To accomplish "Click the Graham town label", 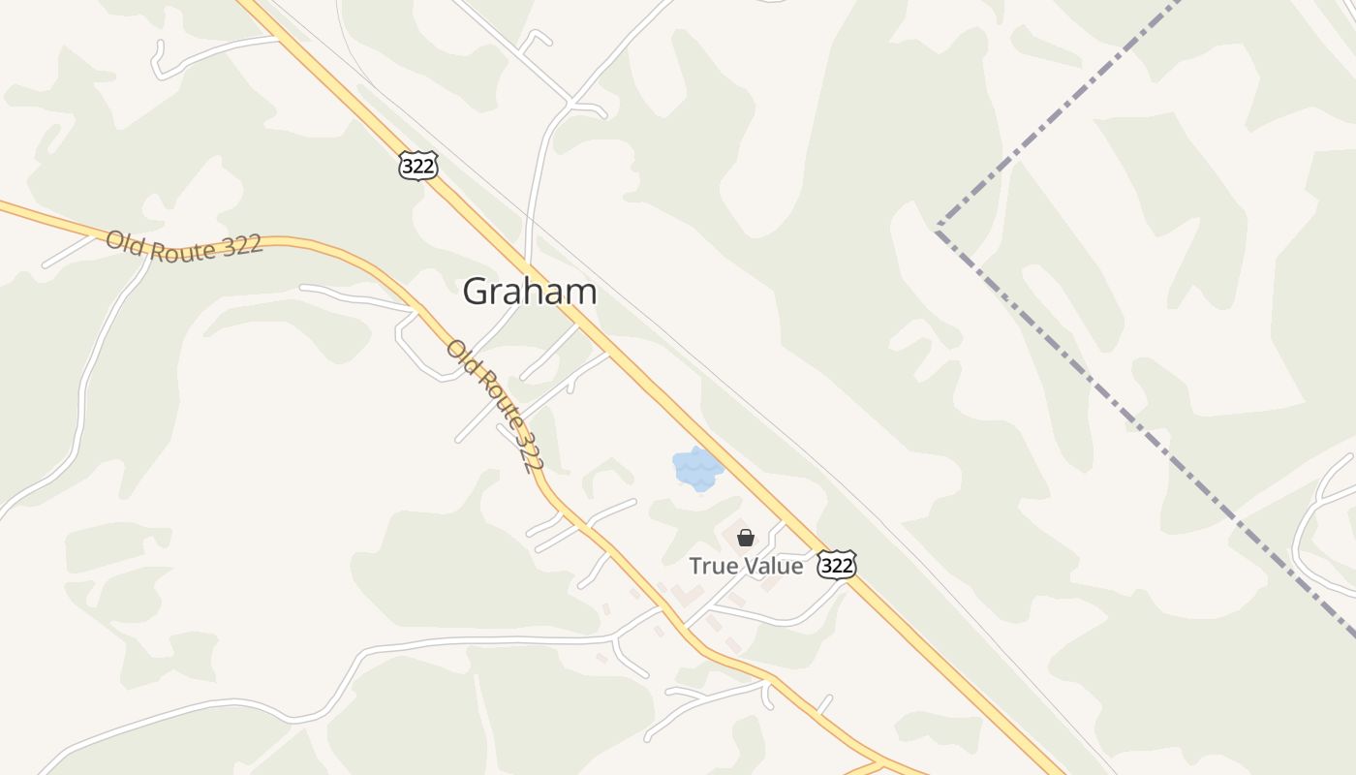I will [x=529, y=292].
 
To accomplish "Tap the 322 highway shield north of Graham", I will [x=418, y=165].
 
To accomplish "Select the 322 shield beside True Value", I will [x=836, y=565].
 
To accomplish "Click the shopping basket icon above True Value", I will [x=746, y=538].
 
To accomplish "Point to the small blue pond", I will [x=697, y=469].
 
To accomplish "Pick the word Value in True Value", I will [x=772, y=566].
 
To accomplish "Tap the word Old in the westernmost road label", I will [x=123, y=239].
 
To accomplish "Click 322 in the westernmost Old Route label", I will [x=241, y=245].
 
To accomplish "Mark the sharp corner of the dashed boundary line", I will [x=938, y=227].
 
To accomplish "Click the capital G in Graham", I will [x=475, y=292].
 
